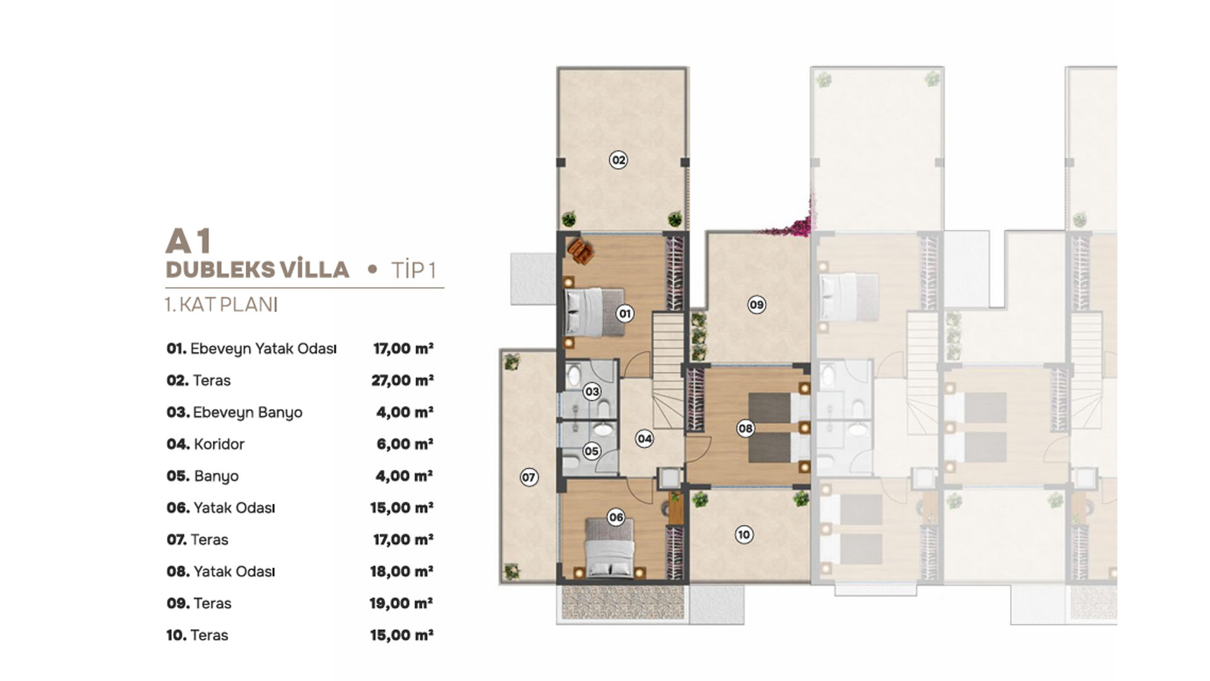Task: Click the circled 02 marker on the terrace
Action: tap(618, 160)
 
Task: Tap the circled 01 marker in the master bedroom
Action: tap(625, 313)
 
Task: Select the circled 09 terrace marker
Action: tap(756, 305)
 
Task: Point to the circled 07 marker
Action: tap(529, 477)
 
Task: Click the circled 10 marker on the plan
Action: tap(744, 535)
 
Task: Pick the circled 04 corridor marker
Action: tap(644, 439)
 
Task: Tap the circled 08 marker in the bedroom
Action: tap(746, 429)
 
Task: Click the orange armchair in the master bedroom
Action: tap(580, 250)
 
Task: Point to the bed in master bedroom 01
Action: tap(592, 312)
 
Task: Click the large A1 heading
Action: tap(188, 241)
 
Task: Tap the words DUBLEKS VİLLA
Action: tap(257, 270)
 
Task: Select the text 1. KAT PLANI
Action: tap(221, 305)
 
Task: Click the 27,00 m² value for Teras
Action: tap(402, 380)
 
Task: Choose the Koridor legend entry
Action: tap(205, 444)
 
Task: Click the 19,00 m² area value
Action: tap(401, 603)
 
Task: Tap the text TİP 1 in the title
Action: tap(413, 271)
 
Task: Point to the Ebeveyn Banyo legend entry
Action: tap(234, 412)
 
